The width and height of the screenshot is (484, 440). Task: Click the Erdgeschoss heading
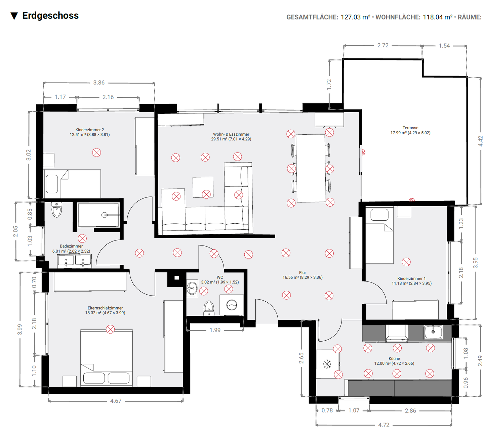[50, 16]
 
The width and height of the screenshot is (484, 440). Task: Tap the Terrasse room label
[410, 128]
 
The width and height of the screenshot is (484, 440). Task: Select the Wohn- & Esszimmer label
[231, 134]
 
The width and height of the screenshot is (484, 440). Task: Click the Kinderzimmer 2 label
[89, 130]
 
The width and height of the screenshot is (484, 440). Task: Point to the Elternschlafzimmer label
[105, 308]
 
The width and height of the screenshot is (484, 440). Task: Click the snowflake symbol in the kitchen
[327, 364]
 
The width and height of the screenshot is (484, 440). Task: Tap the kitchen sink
[433, 332]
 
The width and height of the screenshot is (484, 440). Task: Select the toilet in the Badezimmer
[57, 210]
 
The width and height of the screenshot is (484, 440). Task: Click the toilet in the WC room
[209, 308]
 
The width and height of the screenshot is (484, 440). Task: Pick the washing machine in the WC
[232, 305]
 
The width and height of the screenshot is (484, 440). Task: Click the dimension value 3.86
[99, 83]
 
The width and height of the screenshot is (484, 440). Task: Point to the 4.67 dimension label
[116, 401]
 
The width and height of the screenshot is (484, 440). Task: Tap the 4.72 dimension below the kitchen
[384, 425]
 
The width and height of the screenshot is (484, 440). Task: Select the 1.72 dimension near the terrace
[329, 84]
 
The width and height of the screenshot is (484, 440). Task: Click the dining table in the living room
[311, 168]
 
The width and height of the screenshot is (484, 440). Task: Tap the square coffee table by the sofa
[203, 187]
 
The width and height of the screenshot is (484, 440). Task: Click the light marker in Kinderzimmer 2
[96, 152]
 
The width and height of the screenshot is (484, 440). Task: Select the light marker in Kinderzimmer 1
[406, 262]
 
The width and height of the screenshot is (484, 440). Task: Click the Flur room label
[302, 272]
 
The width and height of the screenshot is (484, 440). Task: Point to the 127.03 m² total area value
[355, 17]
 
